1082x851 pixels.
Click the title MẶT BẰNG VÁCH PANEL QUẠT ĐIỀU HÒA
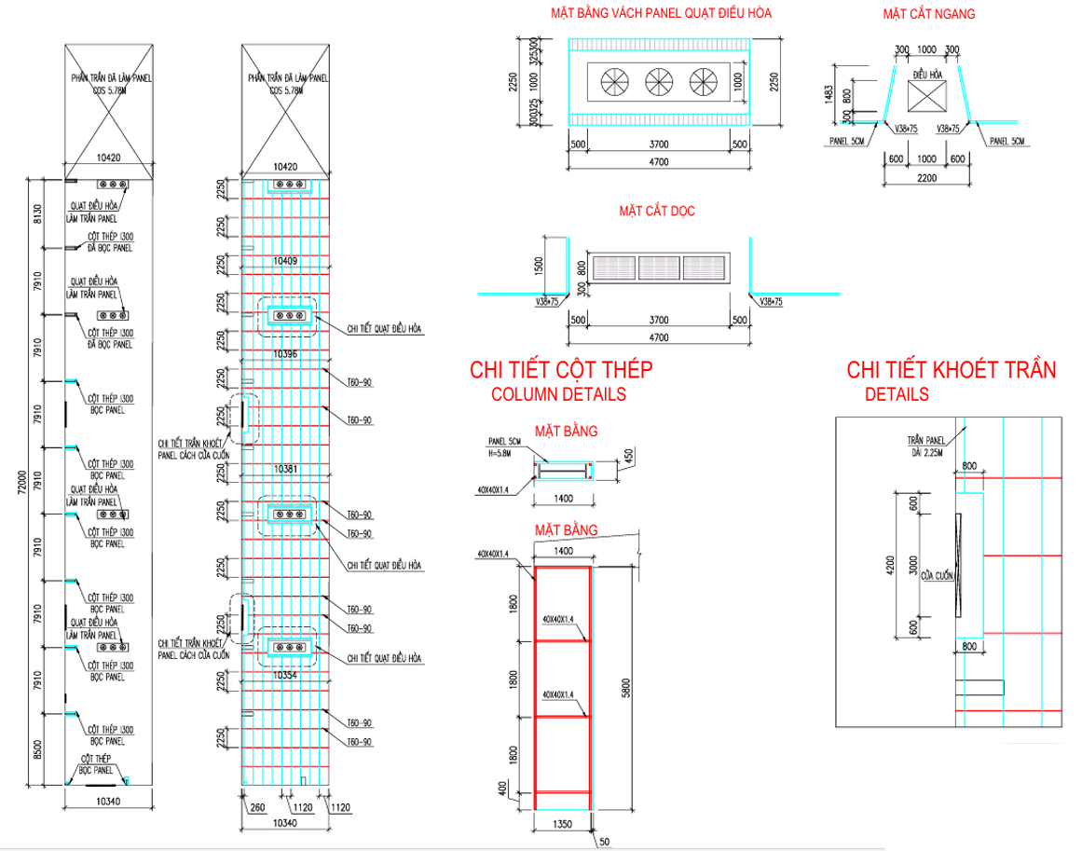[660, 13]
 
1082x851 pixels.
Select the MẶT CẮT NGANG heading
[929, 14]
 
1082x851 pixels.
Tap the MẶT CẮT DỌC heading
[657, 211]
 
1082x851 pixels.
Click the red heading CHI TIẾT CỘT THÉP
[561, 370]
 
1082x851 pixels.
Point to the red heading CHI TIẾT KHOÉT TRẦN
[951, 370]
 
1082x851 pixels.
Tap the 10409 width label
[285, 261]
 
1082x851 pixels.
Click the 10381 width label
[285, 468]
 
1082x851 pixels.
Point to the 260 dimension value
[257, 808]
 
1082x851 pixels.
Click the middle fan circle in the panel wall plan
[659, 82]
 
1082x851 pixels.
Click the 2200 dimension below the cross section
[927, 177]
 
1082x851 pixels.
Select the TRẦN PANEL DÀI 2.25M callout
[927, 446]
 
